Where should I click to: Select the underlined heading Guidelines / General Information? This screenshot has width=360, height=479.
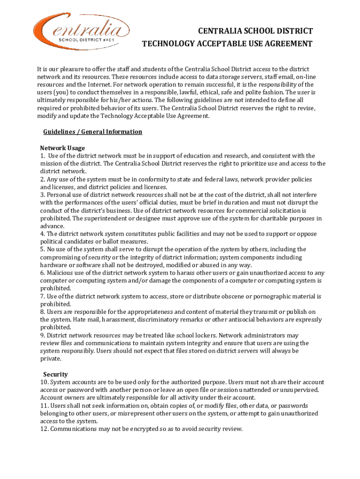[x=93, y=131]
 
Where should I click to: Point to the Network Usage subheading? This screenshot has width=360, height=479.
[x=62, y=148]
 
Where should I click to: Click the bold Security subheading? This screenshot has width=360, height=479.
[x=56, y=374]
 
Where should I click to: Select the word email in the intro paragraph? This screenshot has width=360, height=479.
[x=294, y=77]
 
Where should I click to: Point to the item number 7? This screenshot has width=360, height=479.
[x=42, y=296]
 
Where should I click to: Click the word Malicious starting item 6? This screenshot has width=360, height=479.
[x=61, y=273]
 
